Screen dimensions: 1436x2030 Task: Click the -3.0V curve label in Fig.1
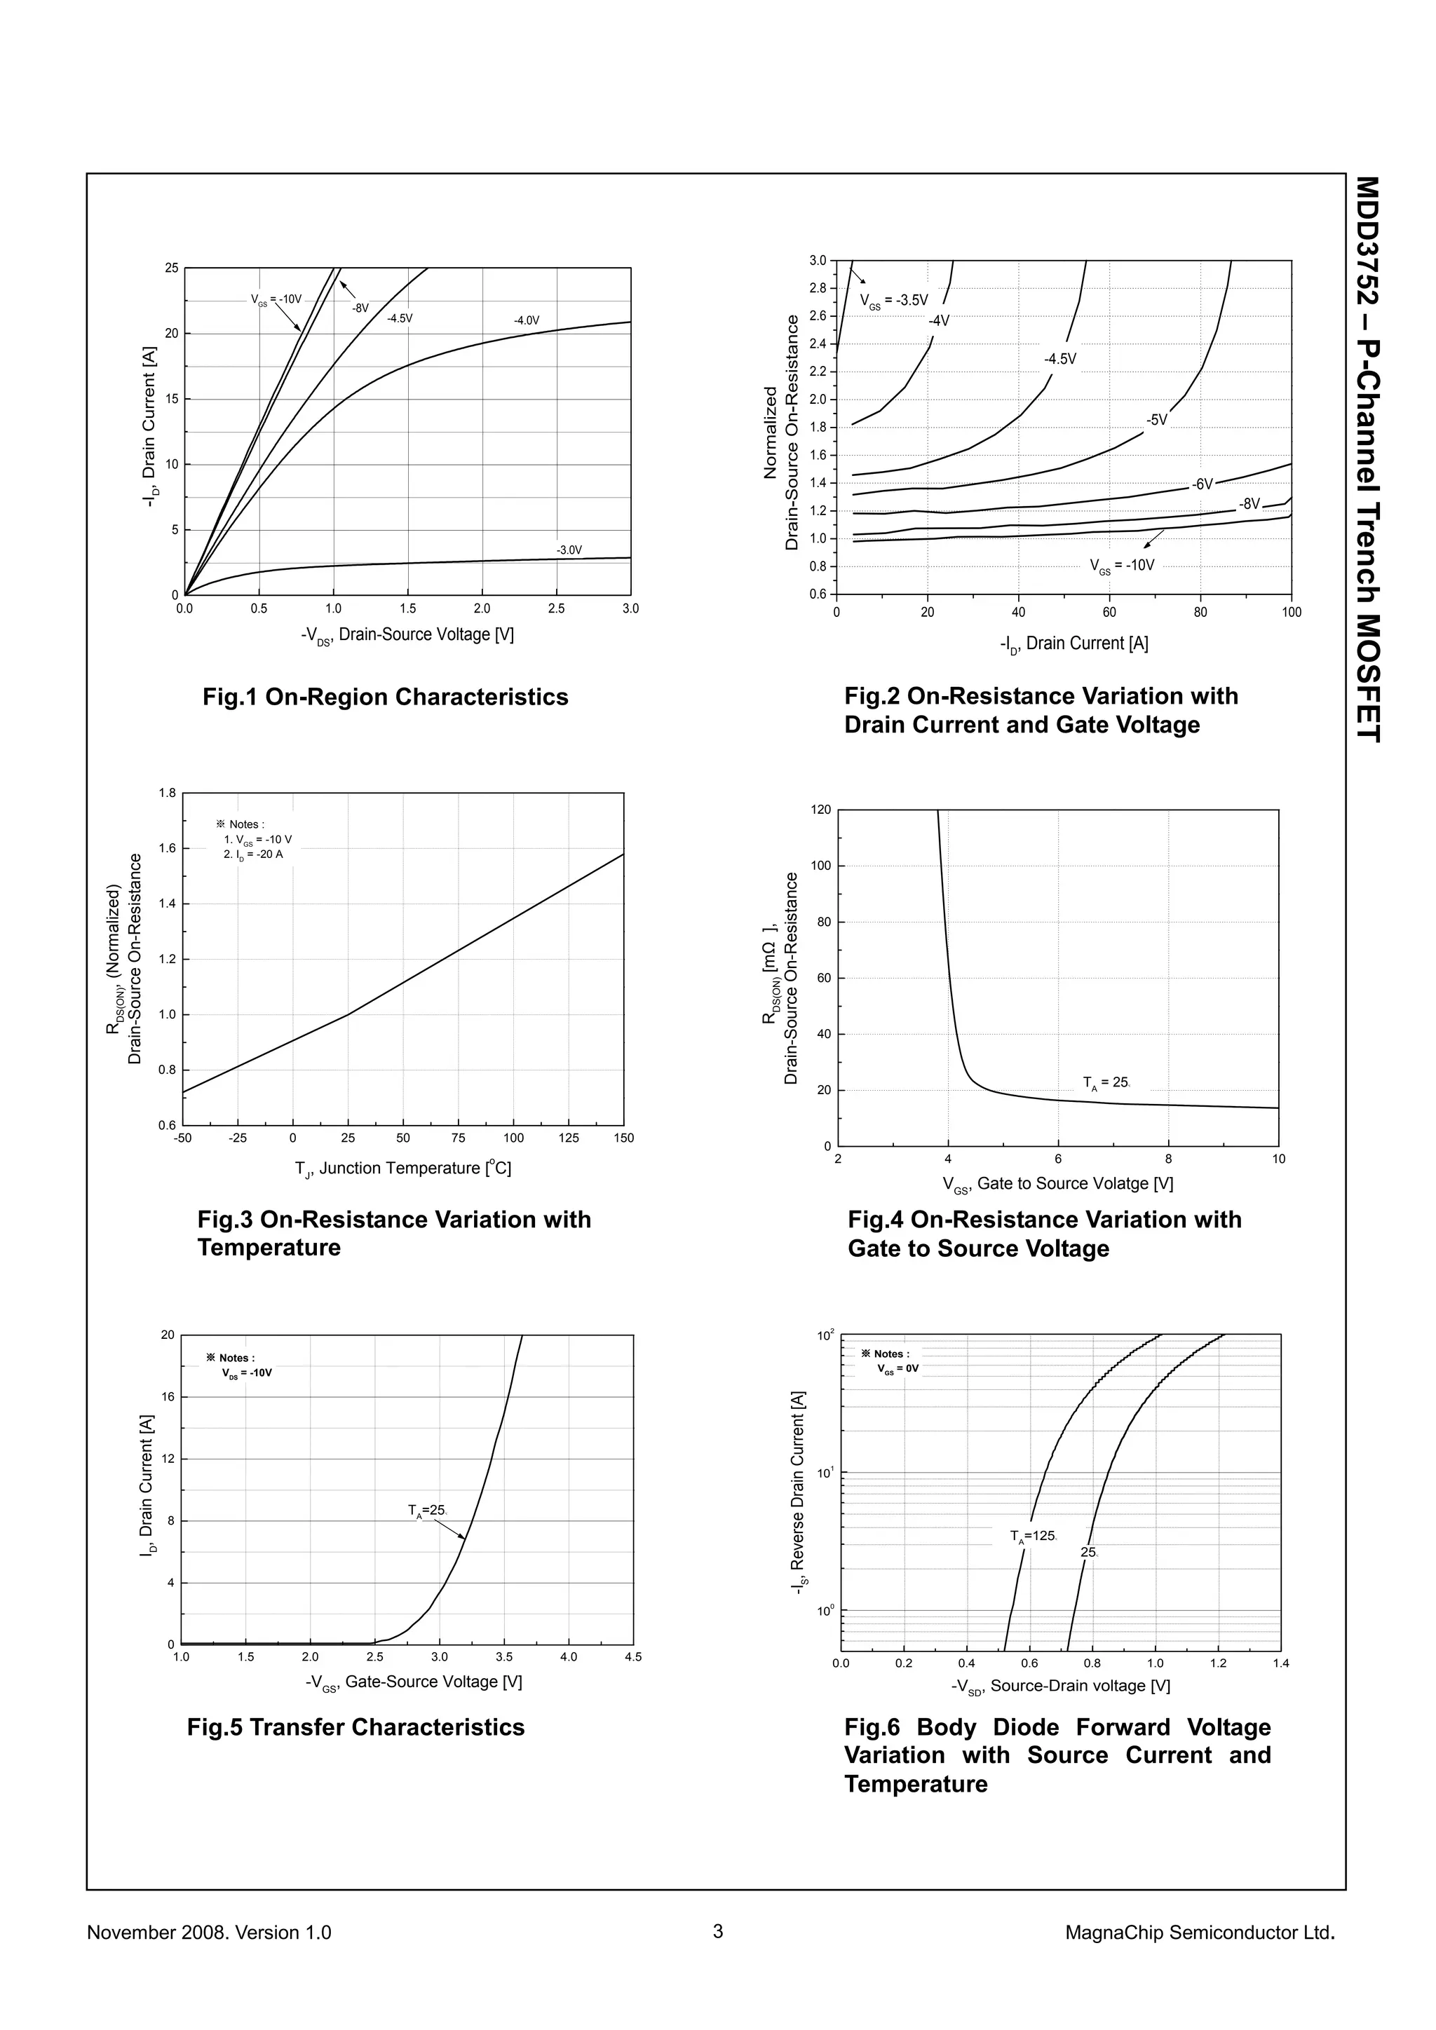tap(569, 550)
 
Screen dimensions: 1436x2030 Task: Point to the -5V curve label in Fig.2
tap(1158, 419)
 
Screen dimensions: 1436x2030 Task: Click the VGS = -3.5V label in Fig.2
tap(894, 301)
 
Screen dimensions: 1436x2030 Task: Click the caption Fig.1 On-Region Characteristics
tap(386, 697)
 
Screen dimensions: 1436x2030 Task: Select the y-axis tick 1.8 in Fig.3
tap(167, 793)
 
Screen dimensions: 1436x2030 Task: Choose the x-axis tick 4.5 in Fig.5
tap(633, 1657)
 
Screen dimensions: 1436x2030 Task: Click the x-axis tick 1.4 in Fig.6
tap(1280, 1663)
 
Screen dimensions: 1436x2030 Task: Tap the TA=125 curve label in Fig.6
tap(1034, 1536)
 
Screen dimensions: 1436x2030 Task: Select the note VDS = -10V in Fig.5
tap(247, 1373)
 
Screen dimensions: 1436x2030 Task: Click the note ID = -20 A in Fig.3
tap(253, 855)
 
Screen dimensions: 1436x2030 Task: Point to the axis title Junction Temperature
tap(403, 1168)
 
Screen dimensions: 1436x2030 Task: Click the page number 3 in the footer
tap(718, 1931)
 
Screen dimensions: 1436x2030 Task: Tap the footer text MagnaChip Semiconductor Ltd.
tap(1200, 1932)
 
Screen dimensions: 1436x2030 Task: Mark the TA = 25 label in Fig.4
tap(1106, 1082)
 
